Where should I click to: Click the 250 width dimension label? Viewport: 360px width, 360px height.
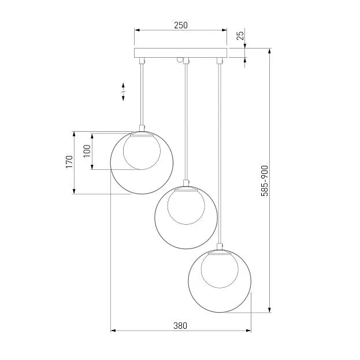tap(181, 25)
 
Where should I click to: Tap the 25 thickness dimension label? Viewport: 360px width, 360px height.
tap(240, 36)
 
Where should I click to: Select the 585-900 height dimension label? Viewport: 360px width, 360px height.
tap(265, 181)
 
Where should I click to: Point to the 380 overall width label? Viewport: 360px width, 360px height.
tap(180, 325)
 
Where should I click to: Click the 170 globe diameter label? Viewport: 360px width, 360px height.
tap(69, 162)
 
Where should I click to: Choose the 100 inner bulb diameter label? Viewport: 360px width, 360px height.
tap(87, 151)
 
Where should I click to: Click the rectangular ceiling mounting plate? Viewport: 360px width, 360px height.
tap(180, 53)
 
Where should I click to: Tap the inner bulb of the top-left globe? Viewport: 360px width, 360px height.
tap(142, 151)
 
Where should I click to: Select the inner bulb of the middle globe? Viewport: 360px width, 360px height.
tap(186, 206)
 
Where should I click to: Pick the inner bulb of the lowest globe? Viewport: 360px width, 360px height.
tap(220, 270)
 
